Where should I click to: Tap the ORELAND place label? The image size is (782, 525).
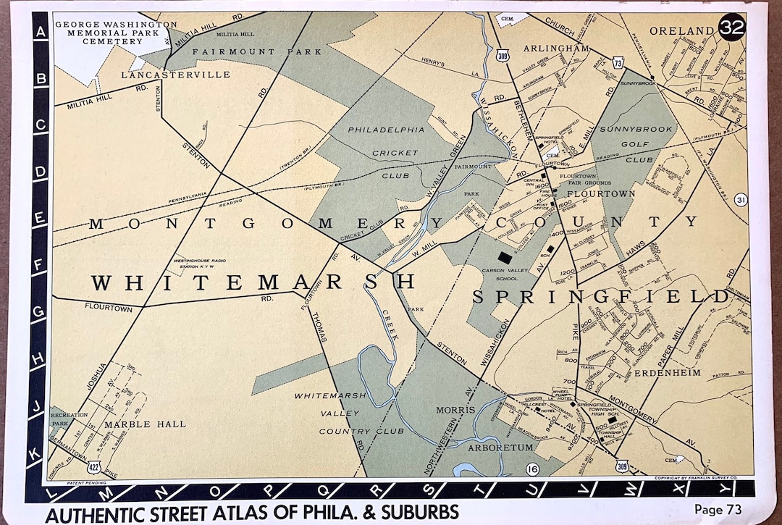pos(681,30)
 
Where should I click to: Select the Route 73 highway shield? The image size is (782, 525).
pos(618,63)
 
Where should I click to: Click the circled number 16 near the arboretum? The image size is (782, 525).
pos(533,469)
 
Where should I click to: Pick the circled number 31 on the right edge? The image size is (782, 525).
pos(739,200)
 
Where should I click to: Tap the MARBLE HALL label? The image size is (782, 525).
pos(145,424)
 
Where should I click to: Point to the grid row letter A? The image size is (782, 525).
pos(41,30)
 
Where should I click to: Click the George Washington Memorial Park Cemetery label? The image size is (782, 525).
pos(116,33)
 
